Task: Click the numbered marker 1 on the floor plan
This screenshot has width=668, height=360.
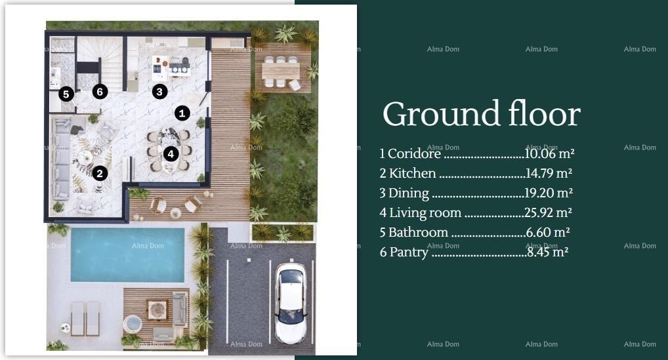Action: [182, 113]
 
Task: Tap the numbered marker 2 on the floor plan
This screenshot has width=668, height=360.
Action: [100, 173]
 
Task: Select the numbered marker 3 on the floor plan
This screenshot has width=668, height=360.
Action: [159, 92]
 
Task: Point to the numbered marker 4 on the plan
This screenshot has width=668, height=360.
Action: [171, 154]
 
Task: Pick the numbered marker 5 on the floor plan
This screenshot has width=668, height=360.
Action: [66, 94]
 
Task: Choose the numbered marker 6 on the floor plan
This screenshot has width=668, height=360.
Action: [100, 92]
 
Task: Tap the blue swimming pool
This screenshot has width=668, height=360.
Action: [127, 254]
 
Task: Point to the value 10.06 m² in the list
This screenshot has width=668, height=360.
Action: [549, 154]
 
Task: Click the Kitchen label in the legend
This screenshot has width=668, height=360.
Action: [412, 174]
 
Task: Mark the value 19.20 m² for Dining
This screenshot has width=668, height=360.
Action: [547, 193]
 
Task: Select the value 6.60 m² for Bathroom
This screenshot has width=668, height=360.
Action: [547, 233]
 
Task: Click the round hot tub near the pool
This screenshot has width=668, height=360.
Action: [133, 324]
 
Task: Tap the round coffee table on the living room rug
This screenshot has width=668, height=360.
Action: [86, 157]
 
